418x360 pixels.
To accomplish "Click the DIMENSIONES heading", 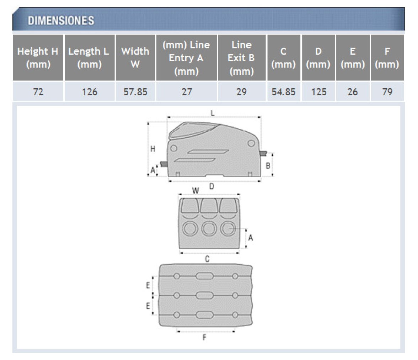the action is point(61,21).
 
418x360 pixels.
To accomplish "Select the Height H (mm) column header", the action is point(38,58).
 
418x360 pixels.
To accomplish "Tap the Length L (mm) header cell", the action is point(89,58).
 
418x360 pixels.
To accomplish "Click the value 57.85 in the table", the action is point(135,92).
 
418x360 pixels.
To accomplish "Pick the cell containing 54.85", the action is point(283,92).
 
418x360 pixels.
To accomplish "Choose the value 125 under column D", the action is point(319,92).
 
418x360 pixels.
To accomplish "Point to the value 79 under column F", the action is point(387,92).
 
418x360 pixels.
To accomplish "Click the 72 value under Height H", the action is point(38,92).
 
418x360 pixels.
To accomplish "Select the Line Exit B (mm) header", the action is point(242,58).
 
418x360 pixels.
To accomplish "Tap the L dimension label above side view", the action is point(213,113).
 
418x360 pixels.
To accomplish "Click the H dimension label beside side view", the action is point(153,149).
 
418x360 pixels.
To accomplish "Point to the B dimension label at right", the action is point(268,166).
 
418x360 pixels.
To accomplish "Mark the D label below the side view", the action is point(212,186).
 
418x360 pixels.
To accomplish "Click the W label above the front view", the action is point(195,191).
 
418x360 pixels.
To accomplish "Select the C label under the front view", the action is point(207,259).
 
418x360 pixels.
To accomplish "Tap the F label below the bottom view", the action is point(204,337).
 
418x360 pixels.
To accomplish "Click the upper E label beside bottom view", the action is point(148,285).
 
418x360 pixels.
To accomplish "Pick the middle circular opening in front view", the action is point(209,229).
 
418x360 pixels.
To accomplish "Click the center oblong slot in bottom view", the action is point(204,295).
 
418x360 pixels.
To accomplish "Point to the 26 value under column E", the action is point(353,92).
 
